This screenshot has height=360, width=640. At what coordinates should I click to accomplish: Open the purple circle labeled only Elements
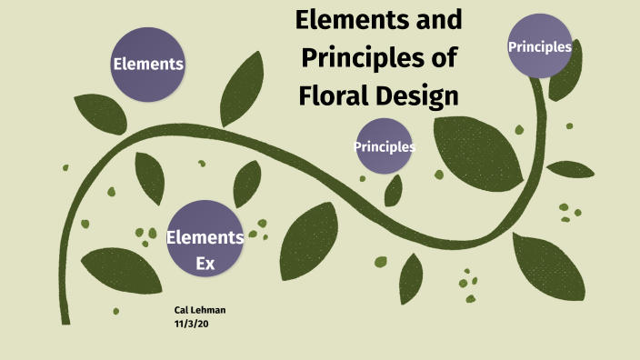(x=147, y=64)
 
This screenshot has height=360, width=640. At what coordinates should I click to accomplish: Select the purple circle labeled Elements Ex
(x=205, y=238)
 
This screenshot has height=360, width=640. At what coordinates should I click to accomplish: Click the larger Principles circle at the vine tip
(x=540, y=46)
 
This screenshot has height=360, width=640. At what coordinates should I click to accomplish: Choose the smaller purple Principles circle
(x=385, y=146)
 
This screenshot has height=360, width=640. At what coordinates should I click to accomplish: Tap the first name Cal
(x=182, y=310)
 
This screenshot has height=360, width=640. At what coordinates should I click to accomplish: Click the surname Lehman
(x=209, y=310)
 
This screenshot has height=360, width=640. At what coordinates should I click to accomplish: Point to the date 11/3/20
(x=189, y=323)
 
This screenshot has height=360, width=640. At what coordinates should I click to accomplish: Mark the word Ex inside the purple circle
(x=205, y=259)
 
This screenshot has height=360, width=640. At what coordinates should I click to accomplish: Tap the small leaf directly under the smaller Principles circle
(x=394, y=190)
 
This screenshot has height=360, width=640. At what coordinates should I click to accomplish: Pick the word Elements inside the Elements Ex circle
(x=205, y=238)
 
